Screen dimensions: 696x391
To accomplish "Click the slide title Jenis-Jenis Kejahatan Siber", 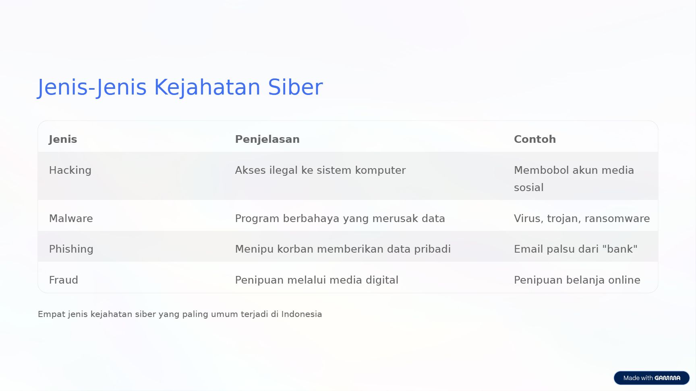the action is tap(180, 87).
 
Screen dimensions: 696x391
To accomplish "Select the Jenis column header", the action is tap(63, 139).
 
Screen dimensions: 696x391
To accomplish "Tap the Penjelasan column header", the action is tap(267, 139).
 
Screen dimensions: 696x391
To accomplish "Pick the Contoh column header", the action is tap(535, 139).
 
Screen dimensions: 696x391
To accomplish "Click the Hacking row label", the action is tap(70, 170).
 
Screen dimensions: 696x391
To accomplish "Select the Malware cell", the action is tap(71, 218).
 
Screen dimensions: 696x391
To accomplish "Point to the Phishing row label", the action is tap(71, 249).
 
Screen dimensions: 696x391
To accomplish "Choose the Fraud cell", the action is tap(64, 280).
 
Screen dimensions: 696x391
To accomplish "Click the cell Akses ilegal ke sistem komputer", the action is tap(320, 170).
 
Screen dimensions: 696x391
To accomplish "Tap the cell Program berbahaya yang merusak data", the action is tap(340, 218).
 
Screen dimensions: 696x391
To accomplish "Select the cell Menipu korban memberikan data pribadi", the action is tap(343, 249).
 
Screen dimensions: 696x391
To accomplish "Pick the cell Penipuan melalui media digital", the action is tap(317, 280).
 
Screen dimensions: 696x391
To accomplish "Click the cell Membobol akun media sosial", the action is tap(574, 179).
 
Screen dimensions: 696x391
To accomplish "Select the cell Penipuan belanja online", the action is tap(577, 280).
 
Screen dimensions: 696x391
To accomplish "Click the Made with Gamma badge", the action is tap(652, 378).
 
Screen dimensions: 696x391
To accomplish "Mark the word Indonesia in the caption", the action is tap(302, 314).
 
